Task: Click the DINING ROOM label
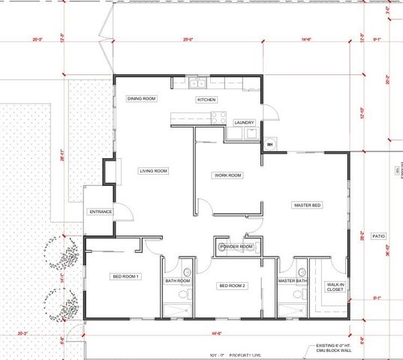point(141,99)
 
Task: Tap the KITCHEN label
point(206,100)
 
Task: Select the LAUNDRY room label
point(245,122)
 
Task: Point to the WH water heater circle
point(270,143)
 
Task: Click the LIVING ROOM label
point(153,171)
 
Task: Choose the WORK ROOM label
point(228,175)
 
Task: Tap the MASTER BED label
point(308,205)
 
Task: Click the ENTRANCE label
point(101,211)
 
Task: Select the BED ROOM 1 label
point(127,277)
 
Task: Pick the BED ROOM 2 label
point(233,286)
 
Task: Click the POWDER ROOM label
point(236,247)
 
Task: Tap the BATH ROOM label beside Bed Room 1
point(178,281)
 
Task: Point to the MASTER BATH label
point(293,281)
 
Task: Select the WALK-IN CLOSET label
point(335,287)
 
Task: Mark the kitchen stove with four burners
point(218,116)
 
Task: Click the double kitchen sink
point(197,83)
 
